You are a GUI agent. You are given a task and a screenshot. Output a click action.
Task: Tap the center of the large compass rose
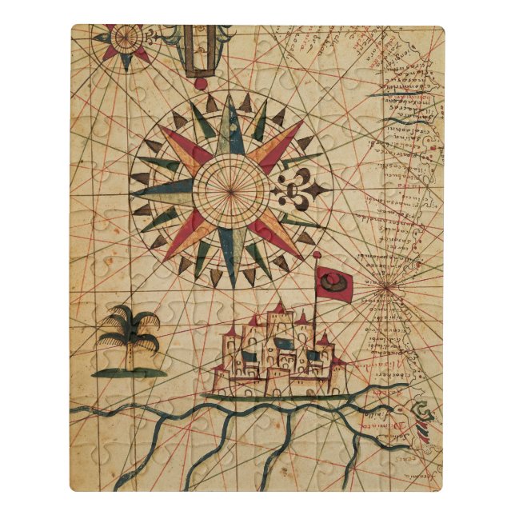(x=230, y=190)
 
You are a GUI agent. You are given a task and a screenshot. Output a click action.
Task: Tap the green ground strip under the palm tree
(x=129, y=372)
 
